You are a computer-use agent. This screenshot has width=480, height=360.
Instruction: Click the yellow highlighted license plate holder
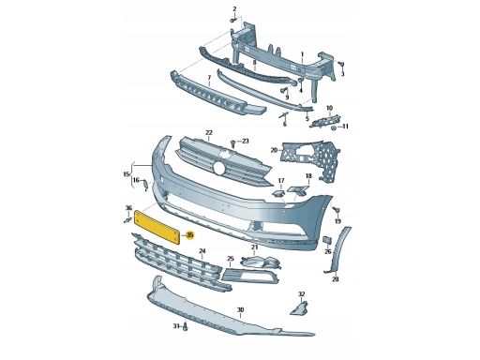coord(157,227)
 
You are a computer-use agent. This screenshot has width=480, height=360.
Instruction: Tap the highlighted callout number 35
coord(189,235)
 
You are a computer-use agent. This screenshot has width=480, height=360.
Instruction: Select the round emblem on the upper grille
coord(219,169)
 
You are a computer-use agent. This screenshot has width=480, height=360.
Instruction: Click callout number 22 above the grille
coord(208,132)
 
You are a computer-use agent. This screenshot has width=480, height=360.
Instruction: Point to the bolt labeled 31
coord(185,327)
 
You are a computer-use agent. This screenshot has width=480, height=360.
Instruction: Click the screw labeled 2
coord(232,21)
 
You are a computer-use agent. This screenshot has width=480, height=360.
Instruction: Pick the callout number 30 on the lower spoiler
coord(240,310)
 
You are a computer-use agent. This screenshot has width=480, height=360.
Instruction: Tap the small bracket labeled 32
coord(299,307)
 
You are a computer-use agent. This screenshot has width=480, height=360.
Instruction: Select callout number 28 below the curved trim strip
coord(335,279)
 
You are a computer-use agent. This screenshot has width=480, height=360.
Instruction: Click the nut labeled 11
coord(334,128)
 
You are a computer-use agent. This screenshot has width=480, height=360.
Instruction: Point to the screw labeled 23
coord(232,143)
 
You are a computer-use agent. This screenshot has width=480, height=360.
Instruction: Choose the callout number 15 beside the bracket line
coord(127,174)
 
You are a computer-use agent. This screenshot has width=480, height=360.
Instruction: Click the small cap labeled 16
coord(145,185)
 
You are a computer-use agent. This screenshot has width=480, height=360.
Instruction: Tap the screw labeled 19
coord(337,210)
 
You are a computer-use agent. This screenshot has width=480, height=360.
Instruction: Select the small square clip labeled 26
coord(327,240)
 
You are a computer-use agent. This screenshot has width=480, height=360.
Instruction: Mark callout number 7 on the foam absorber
coord(209,77)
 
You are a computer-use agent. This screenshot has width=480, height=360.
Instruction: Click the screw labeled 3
coord(341,65)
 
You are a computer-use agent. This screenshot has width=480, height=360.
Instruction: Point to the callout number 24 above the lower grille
coord(202,251)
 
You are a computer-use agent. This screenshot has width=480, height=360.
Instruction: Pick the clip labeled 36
coord(127,220)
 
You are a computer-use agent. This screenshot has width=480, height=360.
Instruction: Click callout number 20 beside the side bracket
coord(274,150)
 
